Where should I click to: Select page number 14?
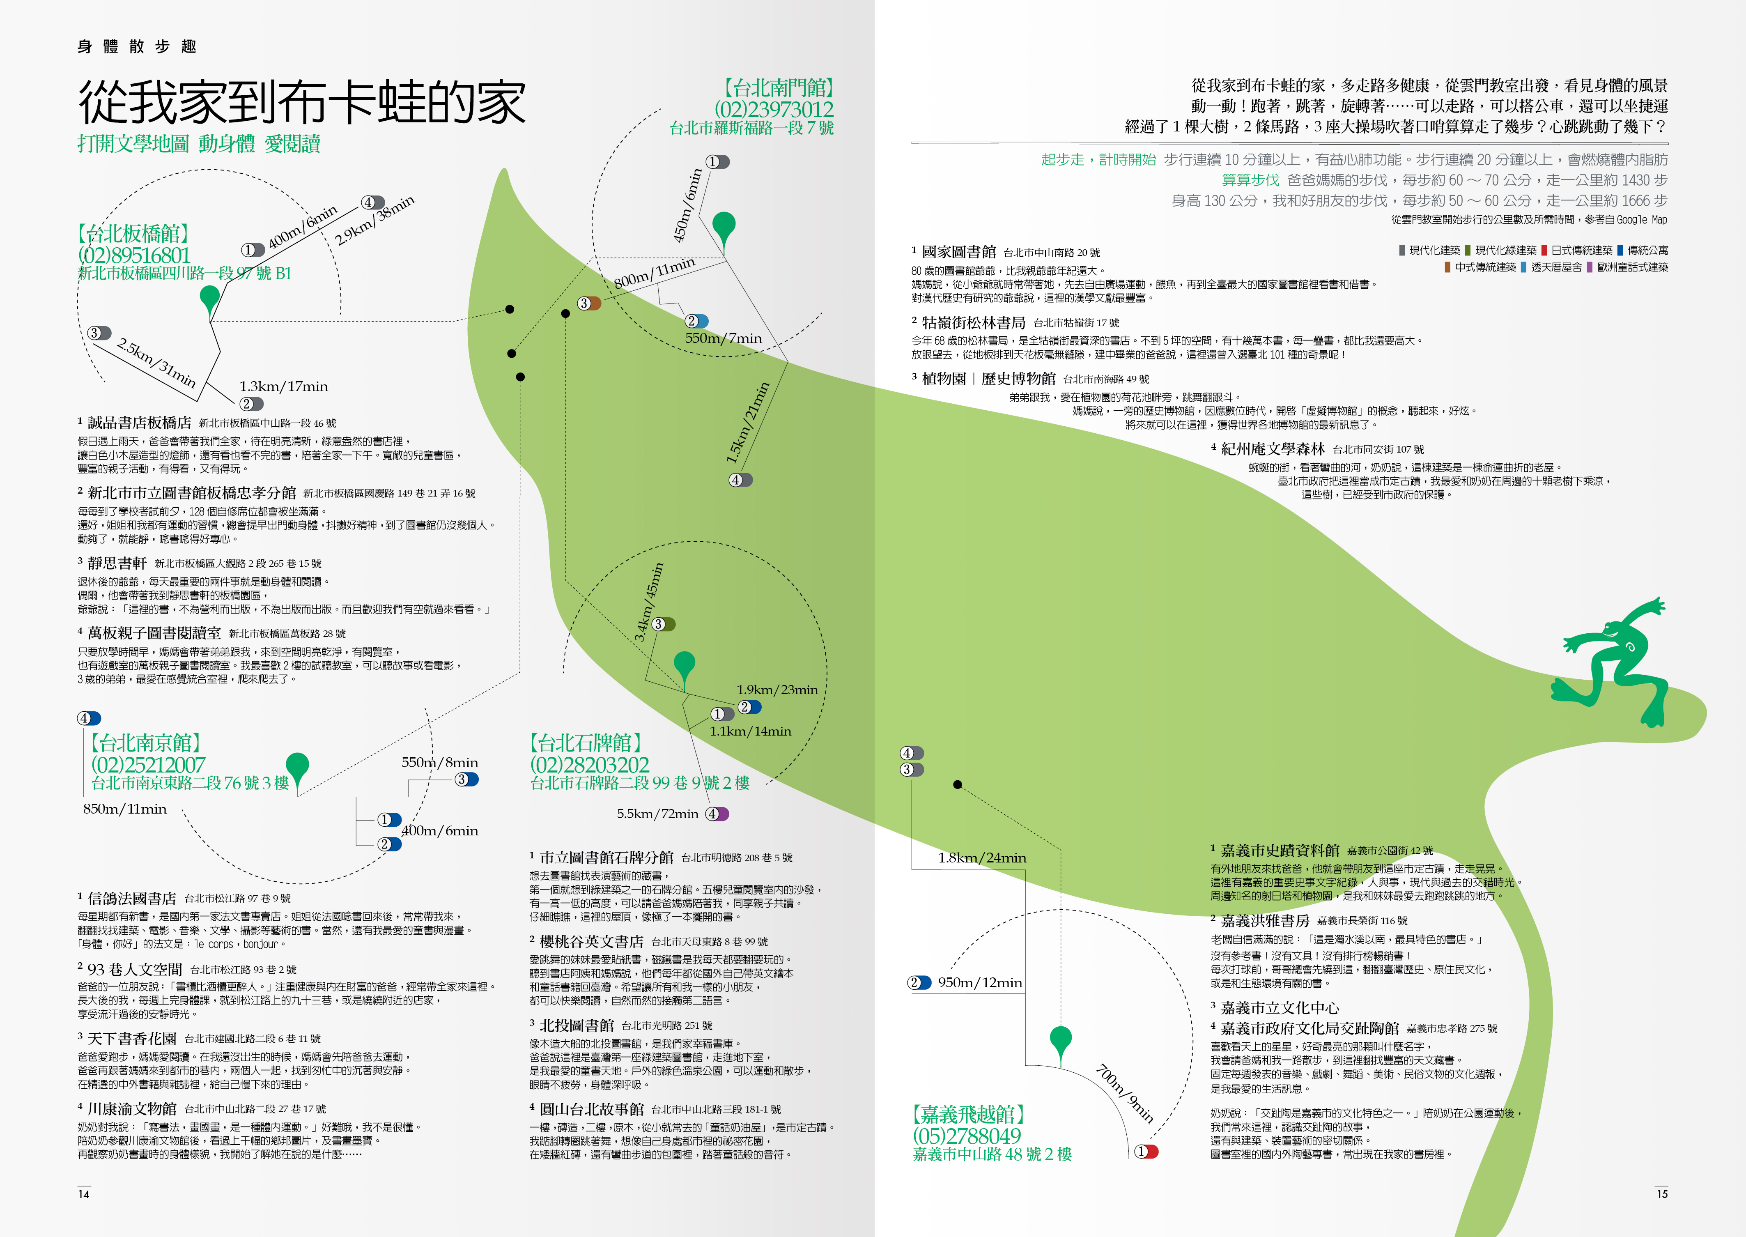pos(84,1193)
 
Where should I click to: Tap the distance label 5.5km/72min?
pos(657,814)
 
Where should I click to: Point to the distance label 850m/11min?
pos(125,809)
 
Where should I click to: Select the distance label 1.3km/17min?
pos(283,386)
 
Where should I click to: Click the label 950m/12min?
pos(979,983)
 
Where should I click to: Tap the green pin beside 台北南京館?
pos(297,768)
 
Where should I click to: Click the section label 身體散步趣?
pos(137,46)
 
